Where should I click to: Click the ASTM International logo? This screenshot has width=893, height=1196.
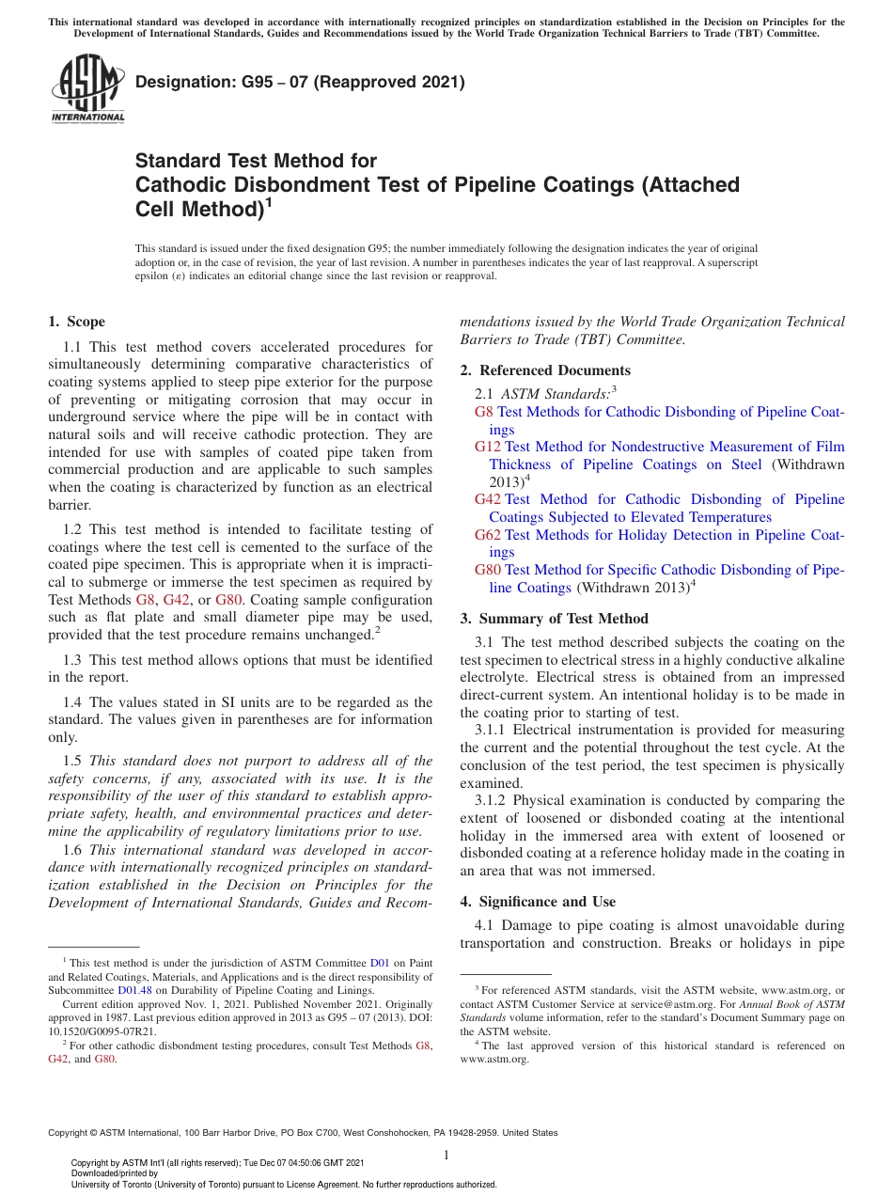(x=86, y=88)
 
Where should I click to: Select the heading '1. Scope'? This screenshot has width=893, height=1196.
(x=76, y=322)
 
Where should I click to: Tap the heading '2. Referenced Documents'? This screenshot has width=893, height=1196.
(x=545, y=370)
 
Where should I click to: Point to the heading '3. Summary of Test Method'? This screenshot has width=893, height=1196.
(x=554, y=619)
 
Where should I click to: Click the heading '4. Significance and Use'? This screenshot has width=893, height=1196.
(x=538, y=902)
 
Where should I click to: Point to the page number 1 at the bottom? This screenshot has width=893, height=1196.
(x=446, y=1156)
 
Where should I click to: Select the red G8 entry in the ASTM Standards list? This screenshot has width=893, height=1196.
(x=484, y=412)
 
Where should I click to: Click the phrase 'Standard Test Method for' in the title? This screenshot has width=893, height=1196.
(x=256, y=161)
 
